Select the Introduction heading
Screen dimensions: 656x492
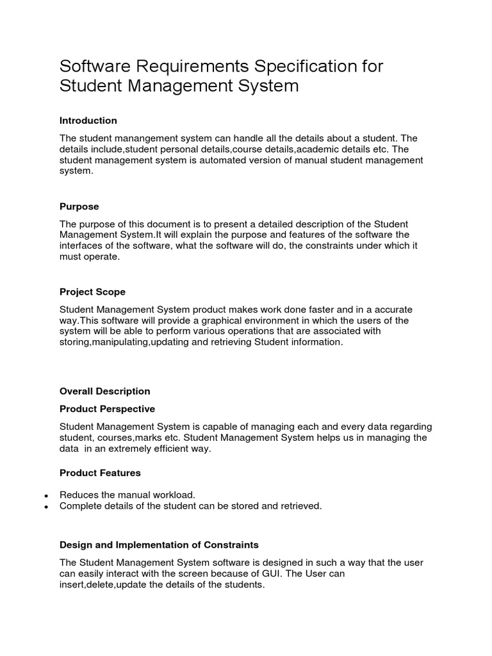point(88,120)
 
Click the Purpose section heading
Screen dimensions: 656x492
point(79,206)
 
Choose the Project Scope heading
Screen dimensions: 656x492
point(92,292)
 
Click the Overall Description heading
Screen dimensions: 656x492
point(104,391)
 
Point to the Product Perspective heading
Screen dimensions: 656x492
point(107,409)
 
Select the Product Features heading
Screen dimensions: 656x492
point(100,473)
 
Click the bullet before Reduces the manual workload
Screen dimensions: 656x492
point(47,496)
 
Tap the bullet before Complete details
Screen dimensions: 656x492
point(47,506)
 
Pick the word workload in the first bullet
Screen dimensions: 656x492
point(172,495)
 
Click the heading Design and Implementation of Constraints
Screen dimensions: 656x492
point(159,545)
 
